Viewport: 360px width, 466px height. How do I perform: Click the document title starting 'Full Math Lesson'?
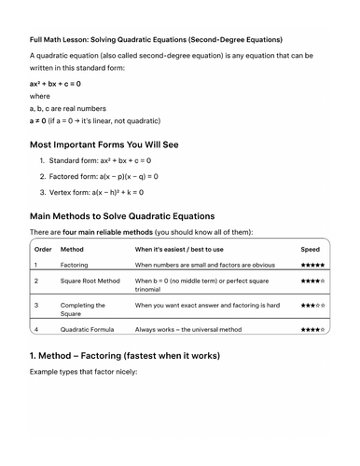click(x=156, y=40)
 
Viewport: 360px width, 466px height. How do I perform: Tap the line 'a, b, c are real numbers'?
click(x=70, y=108)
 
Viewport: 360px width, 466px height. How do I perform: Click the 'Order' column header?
click(x=43, y=250)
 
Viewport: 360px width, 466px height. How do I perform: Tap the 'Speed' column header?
click(x=310, y=250)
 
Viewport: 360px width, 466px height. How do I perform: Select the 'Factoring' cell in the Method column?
click(x=74, y=265)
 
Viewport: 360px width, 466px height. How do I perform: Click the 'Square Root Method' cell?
click(x=90, y=281)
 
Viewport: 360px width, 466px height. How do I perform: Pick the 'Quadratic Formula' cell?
click(x=88, y=330)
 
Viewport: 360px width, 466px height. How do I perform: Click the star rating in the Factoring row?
click(x=312, y=265)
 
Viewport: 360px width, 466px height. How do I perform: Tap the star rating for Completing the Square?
click(x=312, y=305)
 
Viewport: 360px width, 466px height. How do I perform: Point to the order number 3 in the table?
click(x=36, y=305)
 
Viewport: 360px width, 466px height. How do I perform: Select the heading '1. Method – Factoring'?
click(x=137, y=356)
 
